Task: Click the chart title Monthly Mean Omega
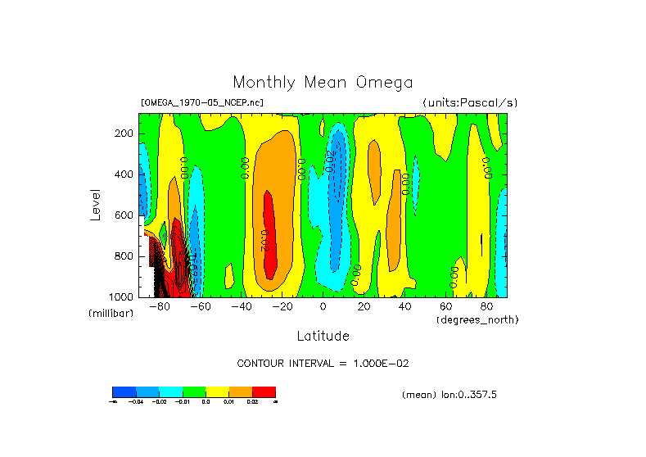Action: pyautogui.click(x=323, y=82)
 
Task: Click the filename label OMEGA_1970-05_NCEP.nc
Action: pyautogui.click(x=202, y=102)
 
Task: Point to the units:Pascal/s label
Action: pyautogui.click(x=470, y=102)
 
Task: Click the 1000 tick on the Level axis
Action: pyautogui.click(x=122, y=296)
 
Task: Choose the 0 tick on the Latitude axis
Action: pyautogui.click(x=323, y=307)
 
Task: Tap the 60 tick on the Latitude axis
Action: pyautogui.click(x=445, y=307)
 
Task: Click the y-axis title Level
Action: pyautogui.click(x=97, y=203)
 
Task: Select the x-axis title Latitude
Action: pyautogui.click(x=323, y=336)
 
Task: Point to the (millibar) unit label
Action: pyautogui.click(x=111, y=314)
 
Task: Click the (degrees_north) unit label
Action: pyautogui.click(x=477, y=319)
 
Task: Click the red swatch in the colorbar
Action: pyautogui.click(x=264, y=391)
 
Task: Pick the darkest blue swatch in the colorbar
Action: pyautogui.click(x=124, y=391)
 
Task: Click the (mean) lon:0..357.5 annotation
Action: pyautogui.click(x=449, y=395)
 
